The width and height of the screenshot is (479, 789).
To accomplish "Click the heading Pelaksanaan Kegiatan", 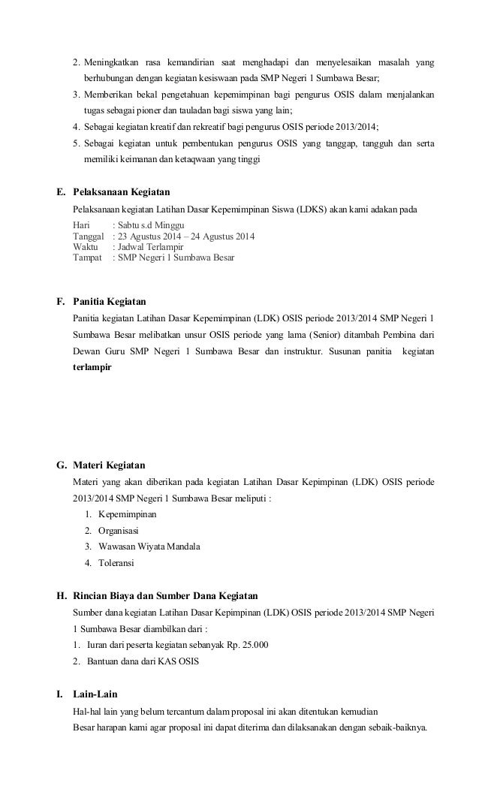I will coord(121,191).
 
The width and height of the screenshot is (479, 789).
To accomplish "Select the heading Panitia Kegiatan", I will coord(109,302).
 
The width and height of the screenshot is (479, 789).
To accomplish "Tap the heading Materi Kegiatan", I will coord(109,465).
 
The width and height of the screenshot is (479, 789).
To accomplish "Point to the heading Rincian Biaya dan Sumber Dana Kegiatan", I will coord(165,597).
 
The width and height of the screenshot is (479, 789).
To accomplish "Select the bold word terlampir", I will coord(92,369).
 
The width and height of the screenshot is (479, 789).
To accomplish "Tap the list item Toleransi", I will coord(119,562).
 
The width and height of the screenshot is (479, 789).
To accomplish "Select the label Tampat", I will coord(87,257).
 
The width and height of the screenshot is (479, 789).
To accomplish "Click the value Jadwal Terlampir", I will coord(150,247).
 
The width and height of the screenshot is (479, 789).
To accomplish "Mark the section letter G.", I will coord(62,465).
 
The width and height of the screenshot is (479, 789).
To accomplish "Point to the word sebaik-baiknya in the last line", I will coord(399,725).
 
